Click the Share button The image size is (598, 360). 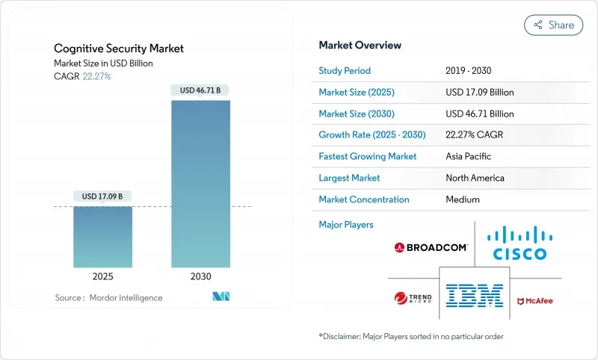pos(553,25)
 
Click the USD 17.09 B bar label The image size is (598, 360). pos(103,196)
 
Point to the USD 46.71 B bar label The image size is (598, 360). pos(200,90)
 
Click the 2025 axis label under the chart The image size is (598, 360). pos(103,276)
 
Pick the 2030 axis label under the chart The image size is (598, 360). pos(200,276)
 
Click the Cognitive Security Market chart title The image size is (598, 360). pos(119,49)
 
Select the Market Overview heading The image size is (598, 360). pos(360,46)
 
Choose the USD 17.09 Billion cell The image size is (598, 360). pos(479,93)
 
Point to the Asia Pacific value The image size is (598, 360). pos(469,157)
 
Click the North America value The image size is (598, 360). pos(475,179)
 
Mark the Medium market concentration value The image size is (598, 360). pos(462,199)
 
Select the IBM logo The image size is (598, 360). pos(474,296)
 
